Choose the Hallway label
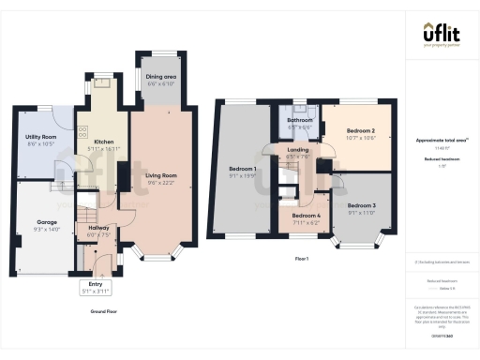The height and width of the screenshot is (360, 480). coord(97,227)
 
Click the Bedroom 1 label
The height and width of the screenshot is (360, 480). coord(243,169)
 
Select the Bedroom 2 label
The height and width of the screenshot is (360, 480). coord(360,130)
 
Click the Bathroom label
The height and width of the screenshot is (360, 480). coord(299,120)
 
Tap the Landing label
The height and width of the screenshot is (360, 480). coord(299,150)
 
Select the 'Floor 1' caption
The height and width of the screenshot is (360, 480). coord(302,258)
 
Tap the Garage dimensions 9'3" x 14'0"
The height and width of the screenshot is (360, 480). coord(47,228)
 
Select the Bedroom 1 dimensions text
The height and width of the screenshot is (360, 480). coord(243,175)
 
